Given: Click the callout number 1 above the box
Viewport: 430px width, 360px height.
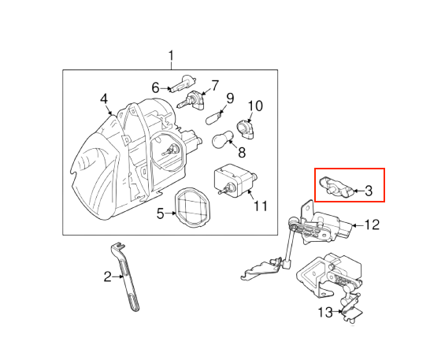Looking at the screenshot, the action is coord(171,56).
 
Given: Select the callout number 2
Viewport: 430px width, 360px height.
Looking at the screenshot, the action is coord(108,276).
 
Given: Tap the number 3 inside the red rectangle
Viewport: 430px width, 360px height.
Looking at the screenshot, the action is coord(369,191).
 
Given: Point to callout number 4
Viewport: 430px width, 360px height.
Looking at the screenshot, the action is coord(104,98).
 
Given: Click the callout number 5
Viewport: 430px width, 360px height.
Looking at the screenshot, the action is coord(161,213).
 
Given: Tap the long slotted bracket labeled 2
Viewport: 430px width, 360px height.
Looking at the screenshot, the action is coord(125,277).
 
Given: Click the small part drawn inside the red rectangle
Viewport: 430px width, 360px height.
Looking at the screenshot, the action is coord(336,187).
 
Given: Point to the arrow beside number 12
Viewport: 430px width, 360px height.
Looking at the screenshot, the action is coord(358,225).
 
